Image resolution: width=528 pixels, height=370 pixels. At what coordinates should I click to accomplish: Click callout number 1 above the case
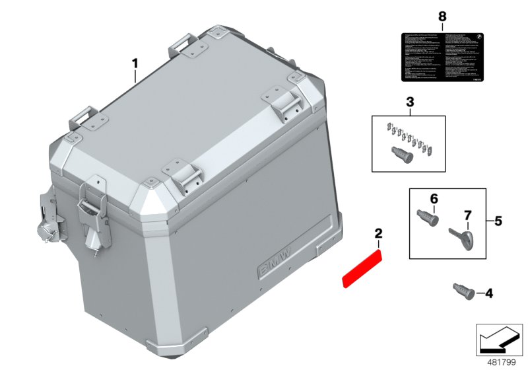(x=135, y=64)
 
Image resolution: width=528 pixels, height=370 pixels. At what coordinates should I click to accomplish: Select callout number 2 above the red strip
(x=378, y=233)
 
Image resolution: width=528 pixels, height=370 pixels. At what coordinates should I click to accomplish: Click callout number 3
(x=409, y=102)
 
